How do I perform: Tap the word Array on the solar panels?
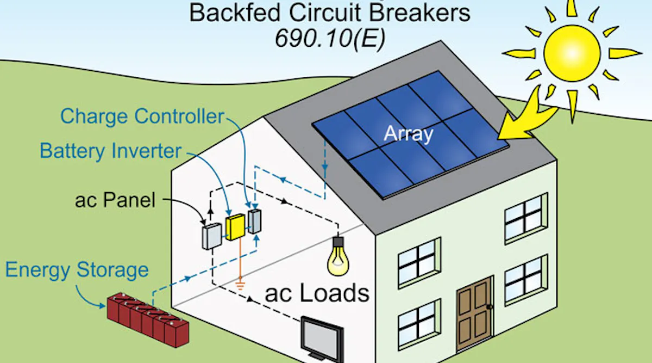tap(407, 133)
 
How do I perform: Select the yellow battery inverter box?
tap(236, 227)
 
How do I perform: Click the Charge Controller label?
tap(142, 116)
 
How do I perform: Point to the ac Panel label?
tap(115, 200)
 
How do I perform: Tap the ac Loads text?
tap(317, 293)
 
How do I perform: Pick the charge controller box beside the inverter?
tap(254, 220)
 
